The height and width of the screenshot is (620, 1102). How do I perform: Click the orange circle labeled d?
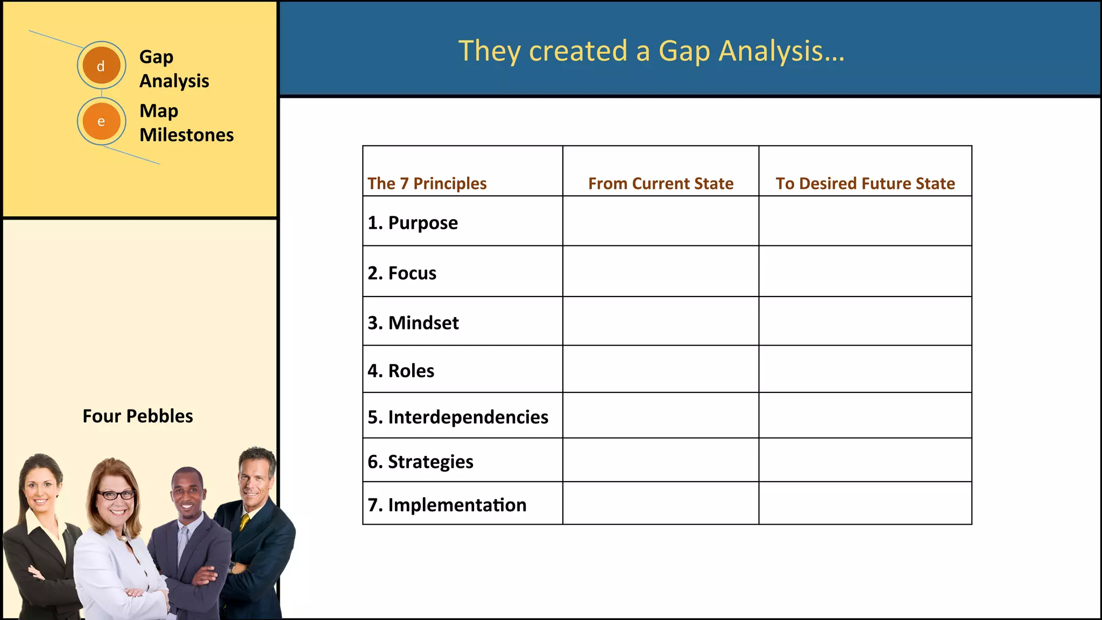pos(101,66)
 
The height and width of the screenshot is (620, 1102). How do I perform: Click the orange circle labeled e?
pos(101,121)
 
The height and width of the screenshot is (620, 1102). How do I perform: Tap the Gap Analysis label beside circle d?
pos(174,69)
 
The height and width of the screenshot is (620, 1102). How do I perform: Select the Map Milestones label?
pos(186,123)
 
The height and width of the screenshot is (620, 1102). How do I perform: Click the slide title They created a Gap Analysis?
pos(651,51)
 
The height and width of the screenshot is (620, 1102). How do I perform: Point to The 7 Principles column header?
pos(427,184)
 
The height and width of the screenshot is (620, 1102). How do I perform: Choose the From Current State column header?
pos(661,184)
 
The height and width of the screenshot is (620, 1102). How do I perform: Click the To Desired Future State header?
pos(865,184)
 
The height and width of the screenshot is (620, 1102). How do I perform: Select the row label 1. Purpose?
pos(413,223)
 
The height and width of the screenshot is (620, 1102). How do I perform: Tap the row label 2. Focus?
pos(402,273)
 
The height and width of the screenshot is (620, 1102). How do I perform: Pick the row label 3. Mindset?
pos(413,323)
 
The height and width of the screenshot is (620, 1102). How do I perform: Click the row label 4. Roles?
pos(401,371)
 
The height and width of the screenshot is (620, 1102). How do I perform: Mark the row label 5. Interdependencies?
pos(458,417)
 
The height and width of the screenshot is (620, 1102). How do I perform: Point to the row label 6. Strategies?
pos(420,462)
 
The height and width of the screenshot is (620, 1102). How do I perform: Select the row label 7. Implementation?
pos(447,505)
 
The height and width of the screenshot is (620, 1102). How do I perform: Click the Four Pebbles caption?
pos(138,416)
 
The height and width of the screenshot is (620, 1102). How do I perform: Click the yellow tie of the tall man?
pos(244,522)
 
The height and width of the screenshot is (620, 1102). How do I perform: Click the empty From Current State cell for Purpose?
pos(661,221)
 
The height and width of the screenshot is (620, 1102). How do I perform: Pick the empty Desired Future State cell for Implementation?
pos(865,503)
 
